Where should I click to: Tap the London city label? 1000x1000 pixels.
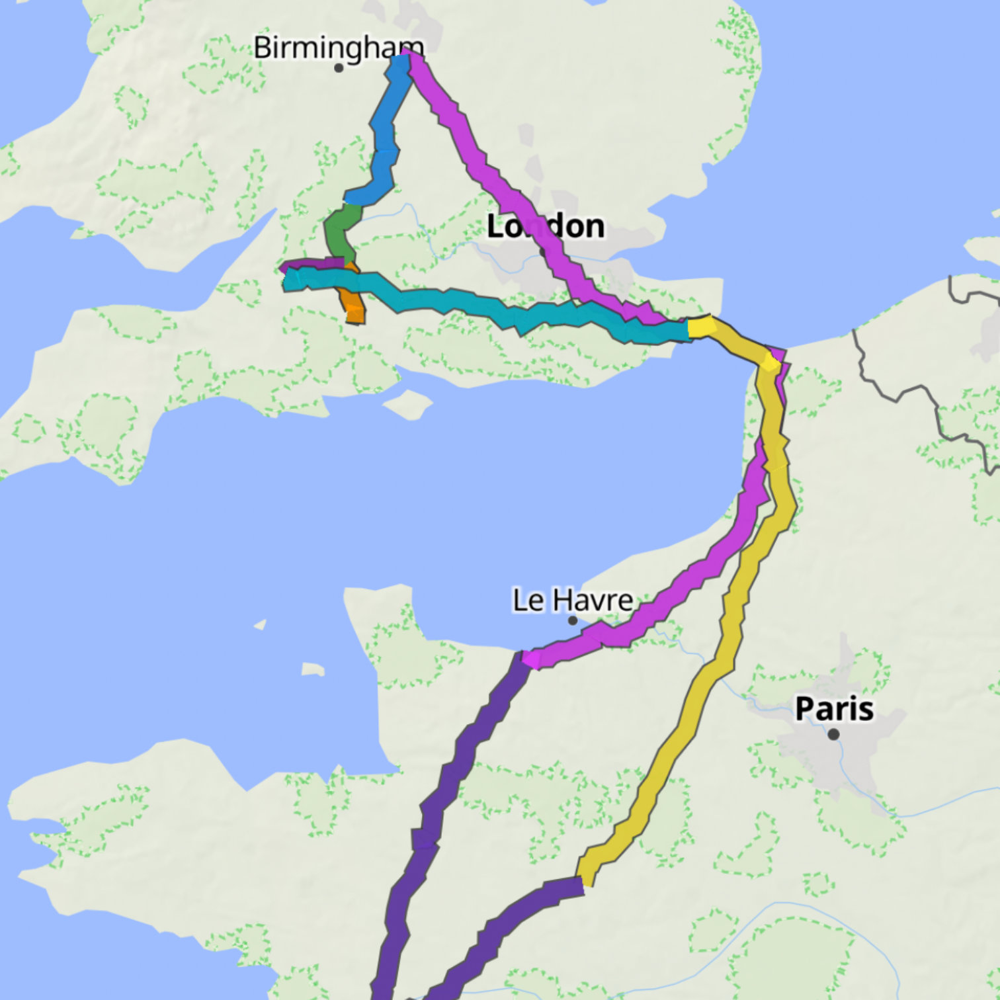point(546,226)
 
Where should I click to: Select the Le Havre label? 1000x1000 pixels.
point(573,601)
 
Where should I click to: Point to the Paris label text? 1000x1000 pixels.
point(834,708)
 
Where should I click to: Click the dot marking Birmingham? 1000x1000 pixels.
point(339,67)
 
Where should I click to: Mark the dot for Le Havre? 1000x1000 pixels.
point(573,620)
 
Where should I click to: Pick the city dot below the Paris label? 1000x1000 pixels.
point(833,734)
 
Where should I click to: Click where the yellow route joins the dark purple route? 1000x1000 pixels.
point(582,883)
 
